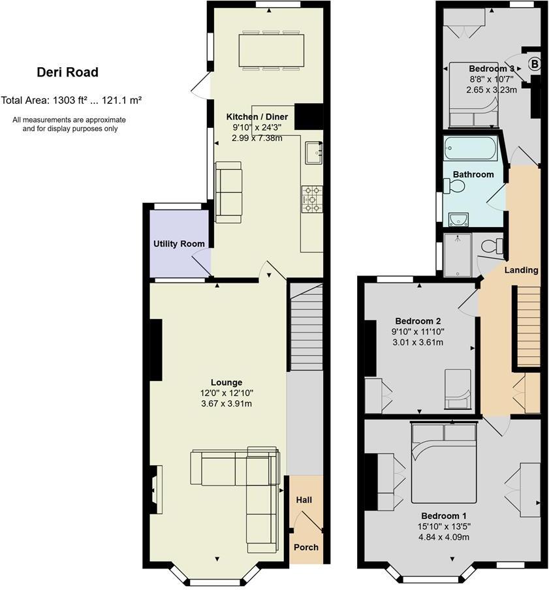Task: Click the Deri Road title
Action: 67,72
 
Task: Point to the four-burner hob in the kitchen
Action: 311,198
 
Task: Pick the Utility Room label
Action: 179,244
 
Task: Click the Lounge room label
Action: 226,382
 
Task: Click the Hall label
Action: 304,500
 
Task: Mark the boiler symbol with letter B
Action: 534,64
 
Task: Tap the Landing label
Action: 522,270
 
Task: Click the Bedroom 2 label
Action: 418,321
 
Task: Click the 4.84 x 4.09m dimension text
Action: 445,537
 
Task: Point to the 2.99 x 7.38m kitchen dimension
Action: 257,138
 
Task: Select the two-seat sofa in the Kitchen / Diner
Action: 228,193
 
